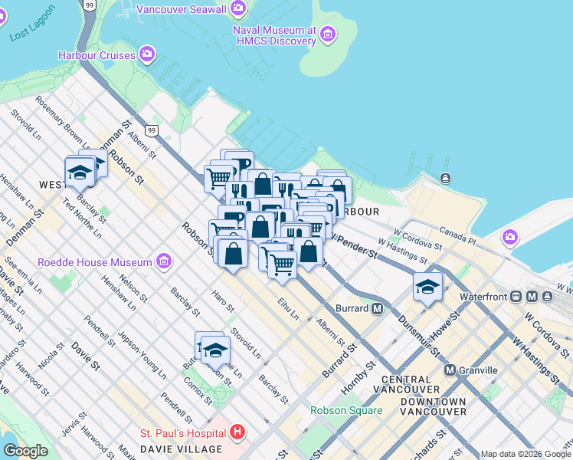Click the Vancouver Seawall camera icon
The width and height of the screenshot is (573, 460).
point(239,8)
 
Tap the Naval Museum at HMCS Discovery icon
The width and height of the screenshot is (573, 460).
point(329,34)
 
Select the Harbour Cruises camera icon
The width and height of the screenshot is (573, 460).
point(147,54)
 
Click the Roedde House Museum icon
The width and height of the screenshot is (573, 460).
point(163,262)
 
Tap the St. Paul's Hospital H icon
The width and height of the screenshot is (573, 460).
point(237,432)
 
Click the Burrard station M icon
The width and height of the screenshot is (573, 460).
point(377,309)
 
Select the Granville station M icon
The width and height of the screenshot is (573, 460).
point(450,370)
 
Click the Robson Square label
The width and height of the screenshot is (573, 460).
point(345,410)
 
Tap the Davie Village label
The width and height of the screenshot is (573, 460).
point(180,449)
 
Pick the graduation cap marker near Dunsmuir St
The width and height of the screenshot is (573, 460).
point(427,287)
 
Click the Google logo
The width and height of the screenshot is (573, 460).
point(26,451)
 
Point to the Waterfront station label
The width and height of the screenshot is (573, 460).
point(485,296)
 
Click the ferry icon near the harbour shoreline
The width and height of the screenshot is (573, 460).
point(446,179)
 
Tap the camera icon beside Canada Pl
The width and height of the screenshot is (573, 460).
point(510,238)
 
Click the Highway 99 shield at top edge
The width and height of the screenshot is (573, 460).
point(90,5)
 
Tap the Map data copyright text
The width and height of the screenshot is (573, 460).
point(525,454)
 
